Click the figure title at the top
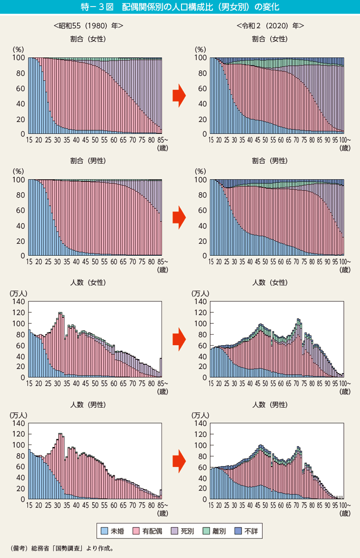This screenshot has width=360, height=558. tap(179, 7)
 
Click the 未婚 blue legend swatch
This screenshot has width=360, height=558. tap(104, 530)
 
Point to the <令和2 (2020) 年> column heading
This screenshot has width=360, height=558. tap(270, 25)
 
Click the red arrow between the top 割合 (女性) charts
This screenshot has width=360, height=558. tap(178, 95)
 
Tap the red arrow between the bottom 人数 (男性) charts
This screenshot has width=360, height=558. tap(178, 461)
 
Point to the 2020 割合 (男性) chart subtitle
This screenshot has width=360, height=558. tap(270, 161)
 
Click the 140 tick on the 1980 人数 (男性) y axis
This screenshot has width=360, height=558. tap(18, 423)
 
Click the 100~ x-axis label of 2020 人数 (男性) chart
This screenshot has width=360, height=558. tap(344, 506)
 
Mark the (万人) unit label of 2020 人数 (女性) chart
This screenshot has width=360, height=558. tap(201, 293)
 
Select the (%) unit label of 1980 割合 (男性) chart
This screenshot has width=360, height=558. tap(17, 171)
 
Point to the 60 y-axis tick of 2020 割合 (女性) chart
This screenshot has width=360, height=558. tap(203, 89)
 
